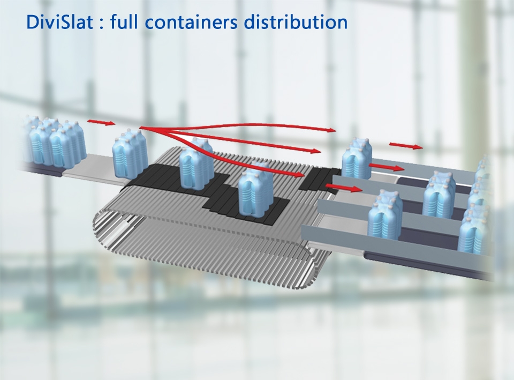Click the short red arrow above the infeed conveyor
101,122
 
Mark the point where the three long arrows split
142,128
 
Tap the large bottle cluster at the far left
54,142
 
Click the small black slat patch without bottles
313,180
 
